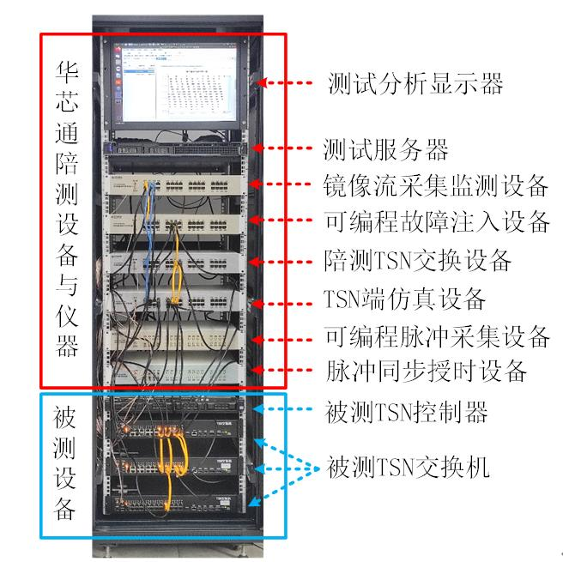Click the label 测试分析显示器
pyautogui.click(x=415, y=83)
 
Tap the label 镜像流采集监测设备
pyautogui.click(x=436, y=184)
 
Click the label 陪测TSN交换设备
pyautogui.click(x=418, y=259)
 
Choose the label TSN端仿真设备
pyautogui.click(x=405, y=299)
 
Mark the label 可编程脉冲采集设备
pyautogui.click(x=436, y=335)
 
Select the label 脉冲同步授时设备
pyautogui.click(x=426, y=372)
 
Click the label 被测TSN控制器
pyautogui.click(x=407, y=412)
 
